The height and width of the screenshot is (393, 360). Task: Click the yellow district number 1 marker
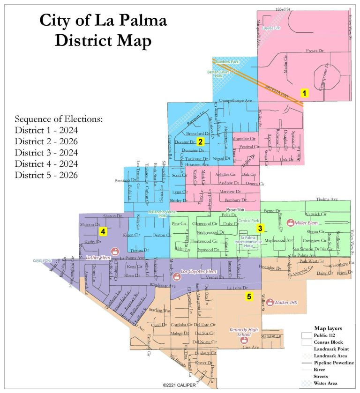pos(304,93)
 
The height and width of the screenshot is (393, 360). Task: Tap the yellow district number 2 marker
pos(200,141)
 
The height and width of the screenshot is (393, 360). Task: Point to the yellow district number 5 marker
pos(249,296)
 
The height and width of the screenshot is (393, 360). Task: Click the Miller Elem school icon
pos(291,222)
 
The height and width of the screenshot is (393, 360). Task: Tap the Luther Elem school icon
pos(114,252)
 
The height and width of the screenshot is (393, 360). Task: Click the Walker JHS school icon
pos(269,303)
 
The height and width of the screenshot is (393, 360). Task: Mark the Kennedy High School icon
pos(244,341)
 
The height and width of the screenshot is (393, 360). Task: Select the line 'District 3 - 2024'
pos(46,153)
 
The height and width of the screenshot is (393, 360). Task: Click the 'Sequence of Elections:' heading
pos(58,119)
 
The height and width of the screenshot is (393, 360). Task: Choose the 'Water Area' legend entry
pos(328,384)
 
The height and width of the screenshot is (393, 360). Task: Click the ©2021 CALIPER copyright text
pos(180,385)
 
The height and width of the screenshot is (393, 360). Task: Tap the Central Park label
pos(248,220)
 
